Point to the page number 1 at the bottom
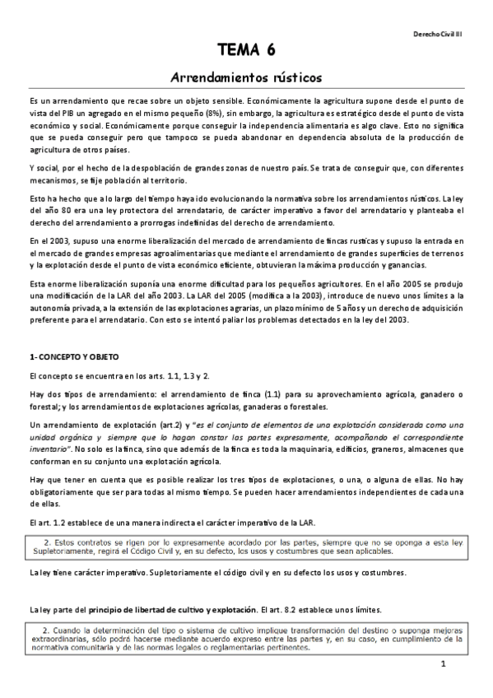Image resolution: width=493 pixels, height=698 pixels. tap(443, 664)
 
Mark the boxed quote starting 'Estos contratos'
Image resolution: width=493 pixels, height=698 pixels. tap(246, 547)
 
